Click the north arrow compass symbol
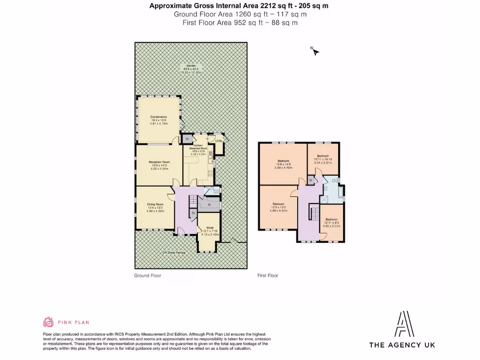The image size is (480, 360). (315, 51)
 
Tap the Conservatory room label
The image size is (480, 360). (158, 117)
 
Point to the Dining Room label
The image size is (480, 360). (155, 204)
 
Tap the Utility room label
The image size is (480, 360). (218, 141)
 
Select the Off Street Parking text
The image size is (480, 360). (173, 253)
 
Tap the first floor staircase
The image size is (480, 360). (314, 214)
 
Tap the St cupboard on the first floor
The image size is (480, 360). (310, 180)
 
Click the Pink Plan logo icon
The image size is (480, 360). (48, 322)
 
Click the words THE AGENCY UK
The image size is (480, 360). (402, 345)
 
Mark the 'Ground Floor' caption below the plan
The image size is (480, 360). (148, 276)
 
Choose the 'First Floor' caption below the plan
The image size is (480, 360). (268, 276)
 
